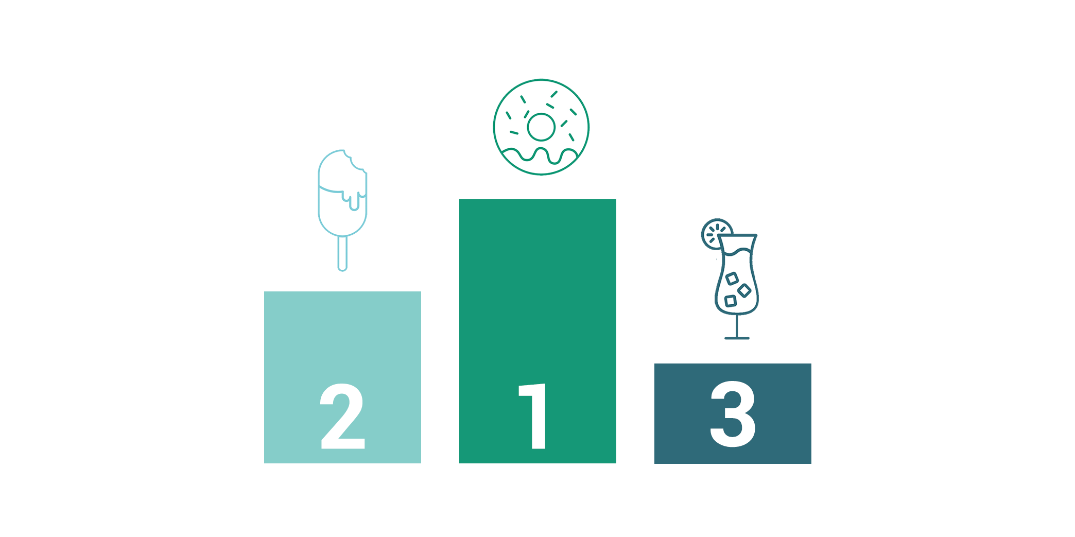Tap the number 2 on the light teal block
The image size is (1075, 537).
click(x=342, y=416)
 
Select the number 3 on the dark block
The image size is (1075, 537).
click(x=733, y=414)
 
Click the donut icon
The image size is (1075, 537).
click(x=541, y=127)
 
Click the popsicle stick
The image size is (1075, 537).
click(x=342, y=253)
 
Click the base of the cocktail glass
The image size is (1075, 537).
click(x=737, y=338)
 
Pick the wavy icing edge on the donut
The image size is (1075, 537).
click(x=540, y=155)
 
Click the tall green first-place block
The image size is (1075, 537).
click(x=537, y=331)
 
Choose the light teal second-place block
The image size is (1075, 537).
click(x=342, y=377)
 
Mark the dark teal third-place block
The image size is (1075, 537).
click(x=733, y=413)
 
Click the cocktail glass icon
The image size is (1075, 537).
click(x=731, y=279)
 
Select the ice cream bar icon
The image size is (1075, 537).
click(x=342, y=210)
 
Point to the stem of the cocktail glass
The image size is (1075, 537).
click(x=737, y=325)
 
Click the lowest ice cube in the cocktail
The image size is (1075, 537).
click(x=730, y=301)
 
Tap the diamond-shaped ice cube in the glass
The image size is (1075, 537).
click(x=744, y=291)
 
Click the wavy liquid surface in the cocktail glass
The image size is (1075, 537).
click(x=737, y=252)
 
